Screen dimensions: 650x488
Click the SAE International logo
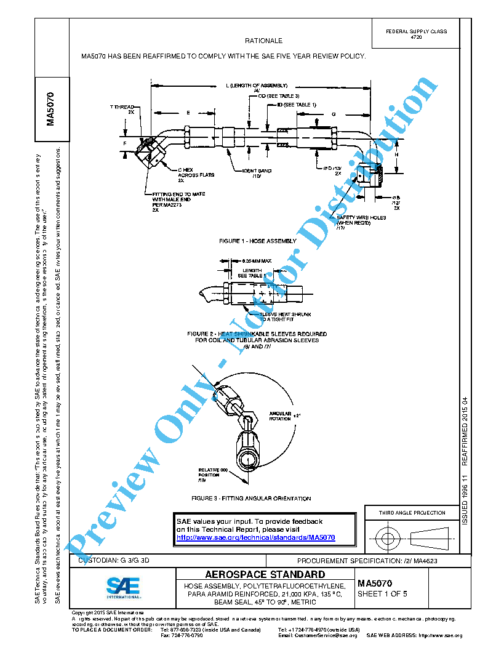coord(123,588)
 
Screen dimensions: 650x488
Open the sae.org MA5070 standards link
coord(256,537)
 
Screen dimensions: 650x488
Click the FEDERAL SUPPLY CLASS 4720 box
coord(416,34)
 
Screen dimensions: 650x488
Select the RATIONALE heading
coord(263,41)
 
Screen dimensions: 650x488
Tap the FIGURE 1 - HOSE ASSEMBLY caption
coord(257,241)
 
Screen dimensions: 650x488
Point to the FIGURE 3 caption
coord(251,499)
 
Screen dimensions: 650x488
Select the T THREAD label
coord(122,110)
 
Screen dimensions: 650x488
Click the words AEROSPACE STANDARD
coord(265,575)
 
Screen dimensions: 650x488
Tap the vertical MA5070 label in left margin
coord(52,110)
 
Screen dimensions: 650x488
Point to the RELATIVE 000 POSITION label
coord(212,474)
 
